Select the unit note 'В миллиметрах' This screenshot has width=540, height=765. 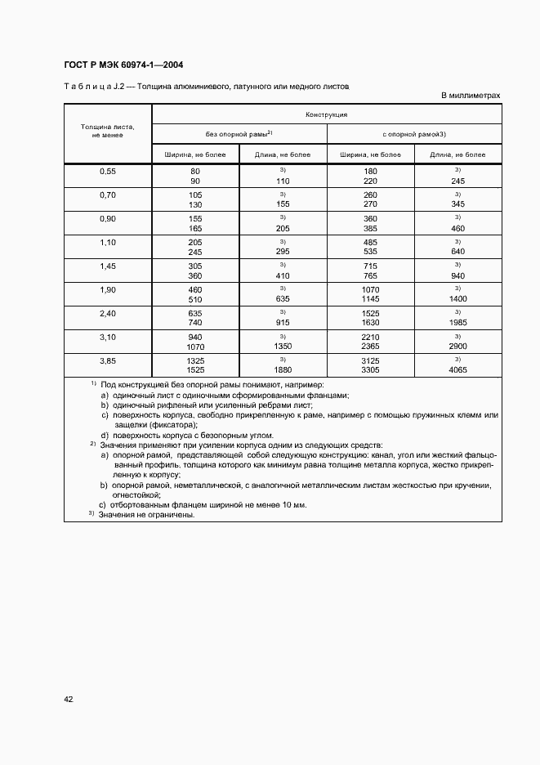(471, 96)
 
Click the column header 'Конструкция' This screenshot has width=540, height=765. (327, 115)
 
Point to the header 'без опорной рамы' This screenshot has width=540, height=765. (239, 133)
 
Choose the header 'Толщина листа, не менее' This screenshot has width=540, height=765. (107, 131)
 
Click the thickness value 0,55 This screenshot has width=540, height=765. (108, 171)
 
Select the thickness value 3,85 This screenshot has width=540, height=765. (108, 360)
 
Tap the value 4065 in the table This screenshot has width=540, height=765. (457, 369)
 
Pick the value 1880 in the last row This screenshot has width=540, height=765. (283, 369)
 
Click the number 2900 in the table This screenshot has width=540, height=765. (457, 346)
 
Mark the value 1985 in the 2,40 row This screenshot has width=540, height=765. (457, 322)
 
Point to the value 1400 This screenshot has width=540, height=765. (457, 298)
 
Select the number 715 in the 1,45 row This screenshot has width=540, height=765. (371, 266)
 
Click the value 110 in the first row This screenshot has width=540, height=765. (283, 180)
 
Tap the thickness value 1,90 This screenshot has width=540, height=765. (108, 289)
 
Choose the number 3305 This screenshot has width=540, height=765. (371, 369)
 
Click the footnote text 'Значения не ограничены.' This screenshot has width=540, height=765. (147, 515)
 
